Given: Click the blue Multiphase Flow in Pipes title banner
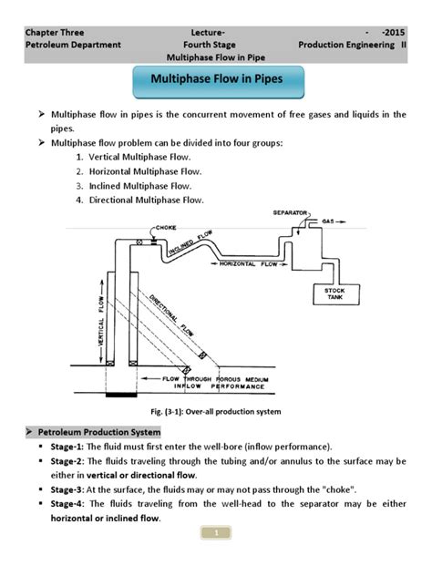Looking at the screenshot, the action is pyautogui.click(x=216, y=80).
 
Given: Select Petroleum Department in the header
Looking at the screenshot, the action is pyautogui.click(x=72, y=43).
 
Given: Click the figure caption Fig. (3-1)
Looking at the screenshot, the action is pyautogui.click(x=216, y=412).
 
